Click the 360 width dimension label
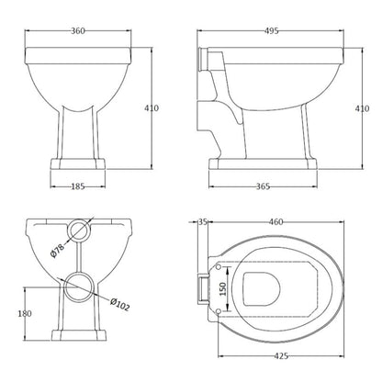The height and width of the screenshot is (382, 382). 78,31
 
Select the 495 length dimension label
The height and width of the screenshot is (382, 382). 271,31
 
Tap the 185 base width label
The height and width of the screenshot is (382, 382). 78,186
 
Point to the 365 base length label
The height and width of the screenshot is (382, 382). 263,186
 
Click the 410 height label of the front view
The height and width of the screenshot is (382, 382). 152,108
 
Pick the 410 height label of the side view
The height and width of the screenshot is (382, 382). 362,108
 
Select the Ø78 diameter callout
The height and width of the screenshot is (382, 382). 57,250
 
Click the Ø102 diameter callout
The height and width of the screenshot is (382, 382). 120,304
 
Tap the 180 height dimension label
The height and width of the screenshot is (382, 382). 25,313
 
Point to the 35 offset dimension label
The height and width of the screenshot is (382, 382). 203,221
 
